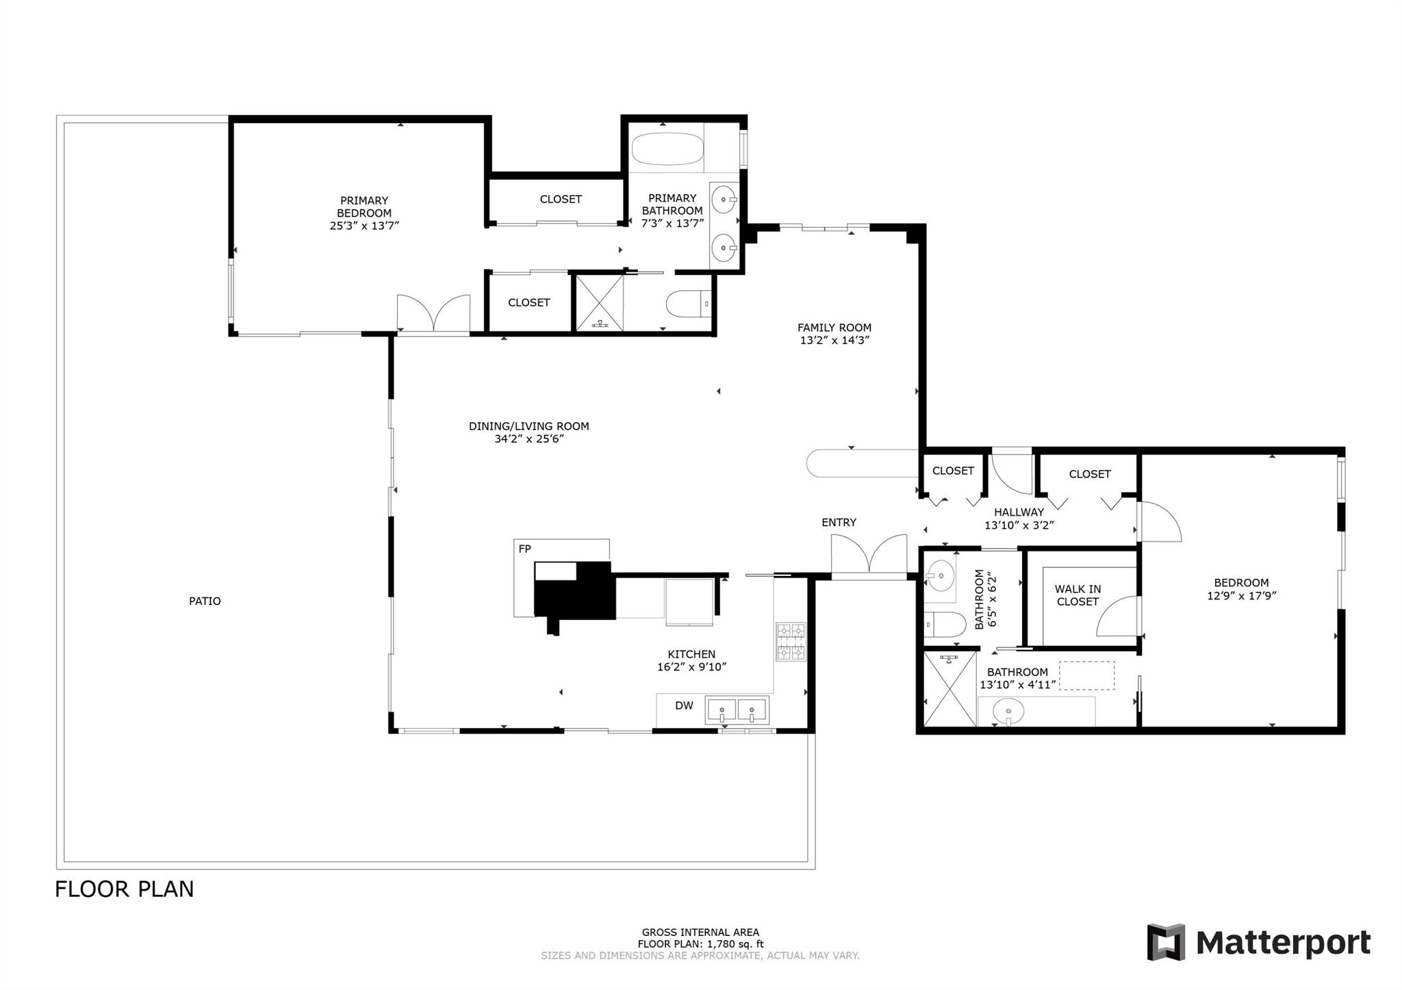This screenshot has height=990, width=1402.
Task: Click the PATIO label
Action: (x=205, y=601)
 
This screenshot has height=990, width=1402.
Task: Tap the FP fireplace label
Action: (x=524, y=549)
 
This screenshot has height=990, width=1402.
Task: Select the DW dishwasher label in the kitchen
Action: (x=684, y=705)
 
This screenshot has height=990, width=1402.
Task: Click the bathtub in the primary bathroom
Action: (x=667, y=149)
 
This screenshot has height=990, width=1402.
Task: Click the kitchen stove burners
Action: (x=791, y=642)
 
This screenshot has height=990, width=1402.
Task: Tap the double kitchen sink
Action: (x=737, y=710)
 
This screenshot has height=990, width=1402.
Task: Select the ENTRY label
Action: (x=839, y=522)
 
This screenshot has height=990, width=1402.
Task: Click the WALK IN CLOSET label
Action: (x=1078, y=595)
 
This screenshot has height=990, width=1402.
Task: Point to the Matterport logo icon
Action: (x=1166, y=942)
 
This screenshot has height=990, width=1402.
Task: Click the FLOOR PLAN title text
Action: (x=125, y=889)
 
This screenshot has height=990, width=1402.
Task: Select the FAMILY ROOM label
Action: (x=834, y=328)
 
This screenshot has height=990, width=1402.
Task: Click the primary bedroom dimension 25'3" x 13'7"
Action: (x=364, y=225)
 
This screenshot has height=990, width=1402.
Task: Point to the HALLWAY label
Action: (x=1019, y=512)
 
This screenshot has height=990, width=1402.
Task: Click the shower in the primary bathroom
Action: (x=600, y=302)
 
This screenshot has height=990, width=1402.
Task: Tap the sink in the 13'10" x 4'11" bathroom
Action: (x=1008, y=711)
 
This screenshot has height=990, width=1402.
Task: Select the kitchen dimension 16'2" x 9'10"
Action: (x=691, y=667)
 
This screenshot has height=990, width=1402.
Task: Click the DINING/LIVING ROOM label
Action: (x=528, y=426)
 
